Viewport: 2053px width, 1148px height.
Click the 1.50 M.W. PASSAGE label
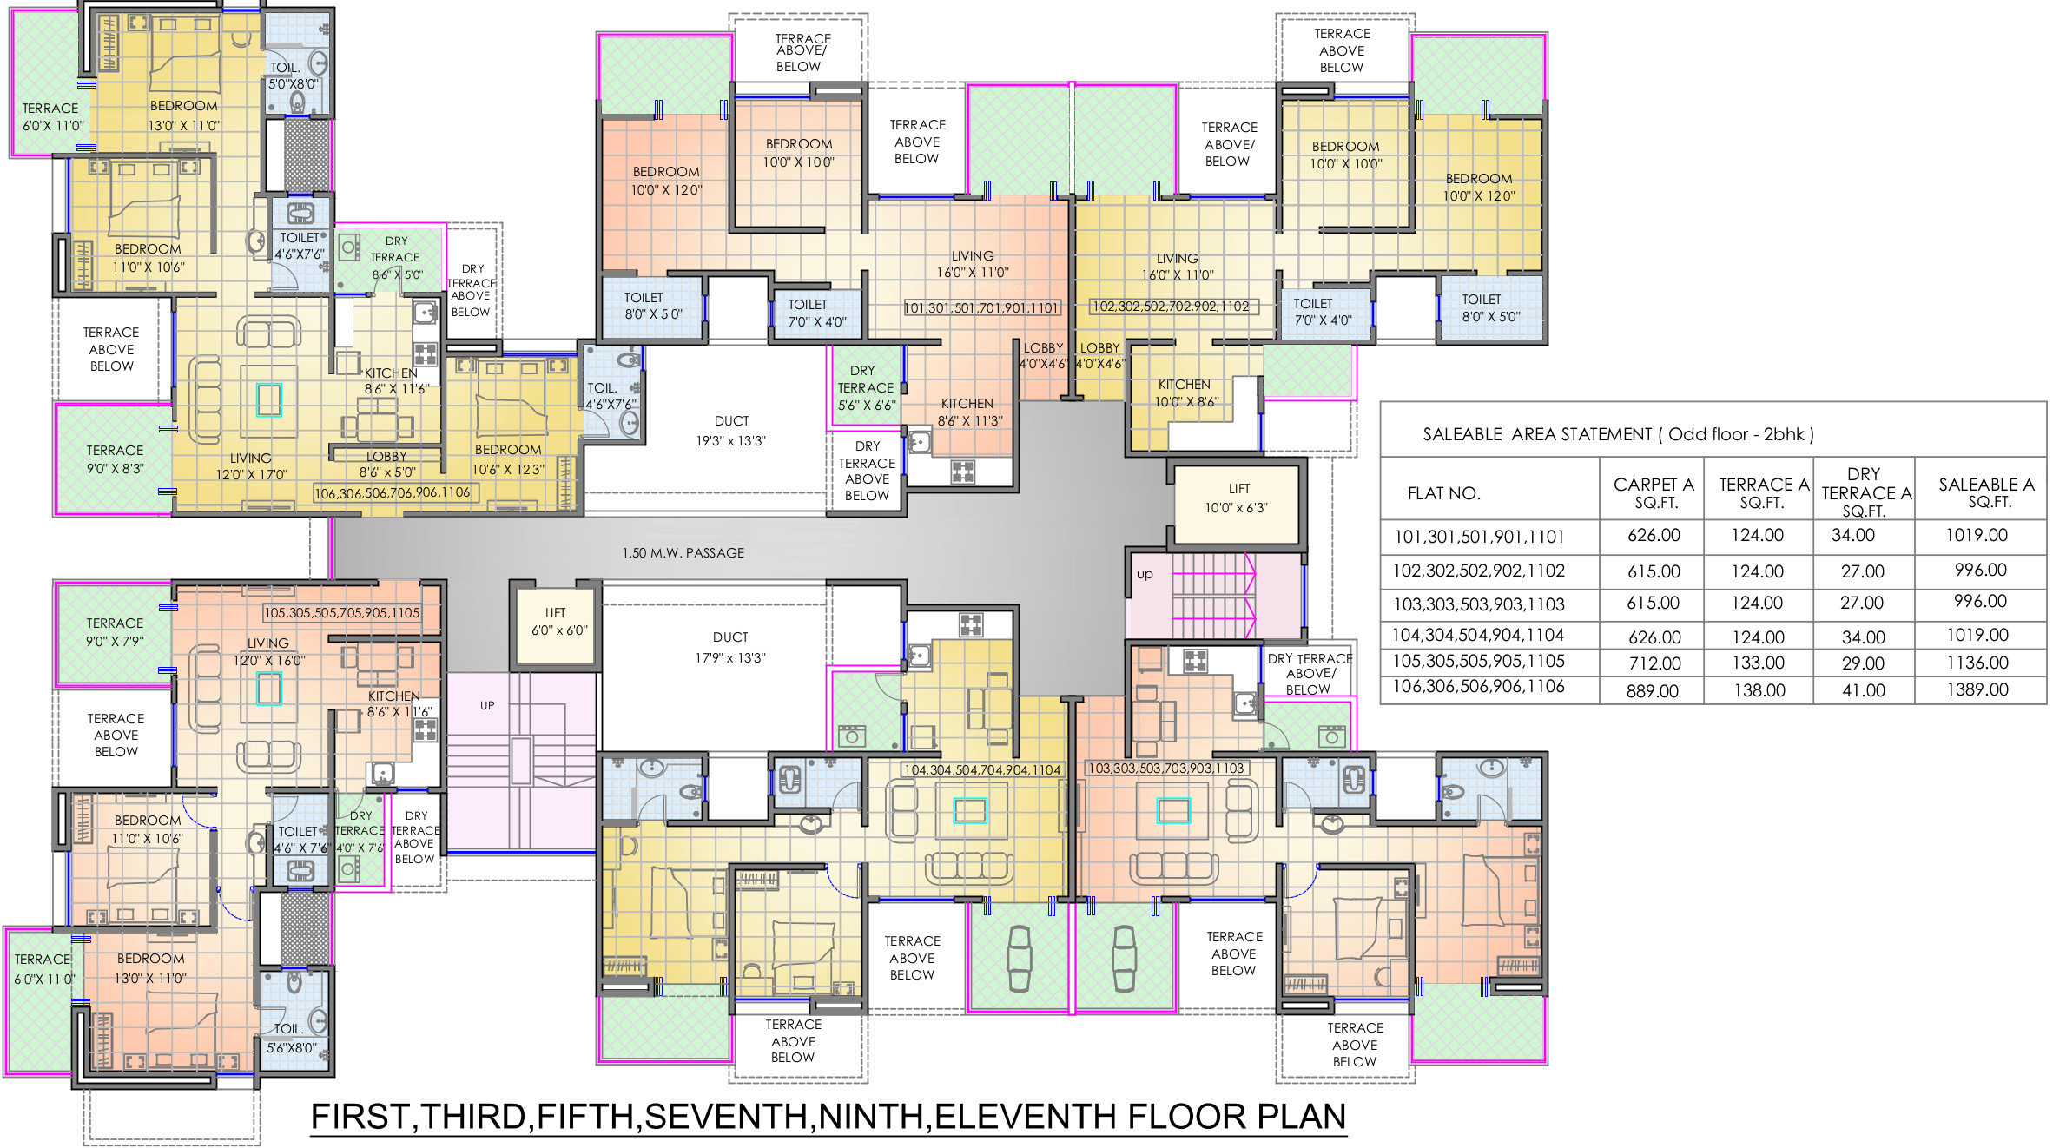pyautogui.click(x=683, y=552)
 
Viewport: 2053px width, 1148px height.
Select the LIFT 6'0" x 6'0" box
pyautogui.click(x=556, y=626)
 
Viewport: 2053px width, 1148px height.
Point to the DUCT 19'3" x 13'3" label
pyautogui.click(x=731, y=431)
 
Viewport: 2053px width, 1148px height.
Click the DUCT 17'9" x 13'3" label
pyautogui.click(x=730, y=647)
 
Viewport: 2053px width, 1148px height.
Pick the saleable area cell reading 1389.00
pyautogui.click(x=1977, y=689)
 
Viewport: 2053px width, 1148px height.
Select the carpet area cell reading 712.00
pyautogui.click(x=1655, y=663)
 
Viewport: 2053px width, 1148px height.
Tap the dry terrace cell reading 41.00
pyautogui.click(x=1864, y=690)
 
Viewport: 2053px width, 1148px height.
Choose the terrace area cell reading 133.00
pyautogui.click(x=1759, y=663)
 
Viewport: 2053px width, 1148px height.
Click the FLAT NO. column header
pyautogui.click(x=1443, y=493)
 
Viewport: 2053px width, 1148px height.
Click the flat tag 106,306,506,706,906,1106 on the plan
pyautogui.click(x=393, y=493)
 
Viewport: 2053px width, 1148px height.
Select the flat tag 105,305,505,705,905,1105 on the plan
pyautogui.click(x=342, y=613)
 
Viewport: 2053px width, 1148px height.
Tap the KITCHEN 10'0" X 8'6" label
pyautogui.click(x=1185, y=393)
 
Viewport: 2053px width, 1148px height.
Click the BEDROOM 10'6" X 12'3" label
pyautogui.click(x=508, y=459)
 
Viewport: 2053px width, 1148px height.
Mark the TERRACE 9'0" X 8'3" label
pyautogui.click(x=115, y=459)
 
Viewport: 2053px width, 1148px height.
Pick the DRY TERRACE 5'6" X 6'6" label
pyautogui.click(x=866, y=387)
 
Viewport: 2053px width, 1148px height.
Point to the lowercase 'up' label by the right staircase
pyautogui.click(x=1145, y=575)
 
